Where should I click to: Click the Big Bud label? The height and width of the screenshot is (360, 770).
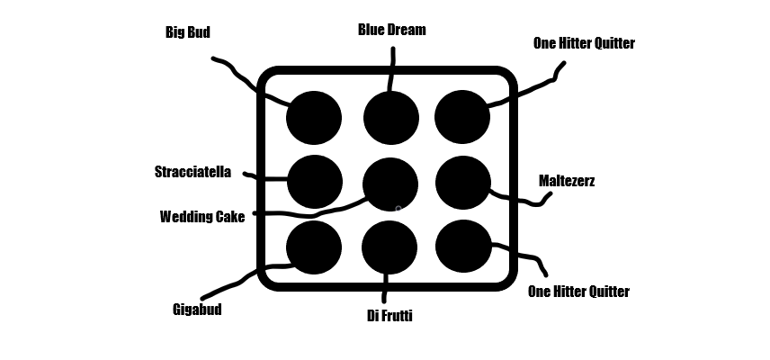pyautogui.click(x=188, y=32)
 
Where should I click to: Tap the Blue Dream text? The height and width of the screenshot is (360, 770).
pyautogui.click(x=391, y=30)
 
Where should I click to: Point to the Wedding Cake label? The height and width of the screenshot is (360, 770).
pyautogui.click(x=202, y=216)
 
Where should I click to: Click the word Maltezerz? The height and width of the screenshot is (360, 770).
pyautogui.click(x=567, y=181)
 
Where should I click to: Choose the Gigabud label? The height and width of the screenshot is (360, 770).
pyautogui.click(x=196, y=310)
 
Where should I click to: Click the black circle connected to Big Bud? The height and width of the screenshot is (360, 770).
pyautogui.click(x=314, y=117)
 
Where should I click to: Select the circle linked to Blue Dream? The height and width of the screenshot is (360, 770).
pyautogui.click(x=391, y=118)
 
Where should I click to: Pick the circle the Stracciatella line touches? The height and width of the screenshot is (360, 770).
pyautogui.click(x=315, y=181)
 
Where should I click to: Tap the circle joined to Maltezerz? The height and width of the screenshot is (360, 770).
pyautogui.click(x=462, y=183)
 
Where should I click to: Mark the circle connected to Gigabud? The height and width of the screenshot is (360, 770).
pyautogui.click(x=314, y=247)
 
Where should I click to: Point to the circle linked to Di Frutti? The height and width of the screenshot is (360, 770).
pyautogui.click(x=389, y=247)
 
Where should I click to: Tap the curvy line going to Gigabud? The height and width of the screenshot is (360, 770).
pyautogui.click(x=236, y=283)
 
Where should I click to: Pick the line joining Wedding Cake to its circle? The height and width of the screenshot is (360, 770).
pyautogui.click(x=306, y=215)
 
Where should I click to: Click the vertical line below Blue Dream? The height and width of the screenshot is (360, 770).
pyautogui.click(x=391, y=67)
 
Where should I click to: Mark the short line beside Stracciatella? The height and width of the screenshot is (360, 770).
pyautogui.click(x=265, y=177)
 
